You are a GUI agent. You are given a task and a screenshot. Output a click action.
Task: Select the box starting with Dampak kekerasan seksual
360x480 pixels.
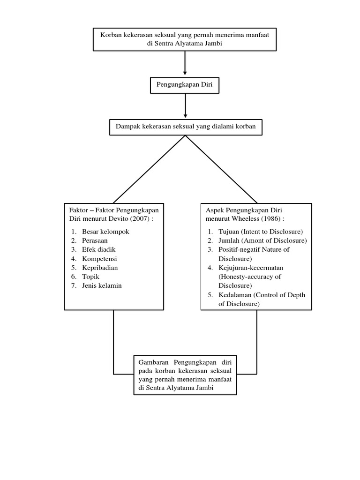[x=186, y=127]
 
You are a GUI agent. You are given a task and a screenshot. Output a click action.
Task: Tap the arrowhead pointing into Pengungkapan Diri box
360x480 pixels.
[x=185, y=73]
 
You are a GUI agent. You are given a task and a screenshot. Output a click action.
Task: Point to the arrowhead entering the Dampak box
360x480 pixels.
[x=185, y=115]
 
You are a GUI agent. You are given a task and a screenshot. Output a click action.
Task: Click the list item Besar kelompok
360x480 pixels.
[x=105, y=232]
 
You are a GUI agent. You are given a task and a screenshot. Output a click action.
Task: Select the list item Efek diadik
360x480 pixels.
[x=98, y=249]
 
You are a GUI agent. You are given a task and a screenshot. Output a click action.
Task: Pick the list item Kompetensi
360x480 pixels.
[x=99, y=258]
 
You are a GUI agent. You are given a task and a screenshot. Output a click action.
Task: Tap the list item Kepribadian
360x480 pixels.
[x=100, y=267]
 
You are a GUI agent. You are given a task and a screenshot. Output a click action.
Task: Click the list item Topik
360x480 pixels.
[x=90, y=277]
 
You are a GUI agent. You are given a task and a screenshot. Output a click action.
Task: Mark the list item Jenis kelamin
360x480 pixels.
[x=102, y=285]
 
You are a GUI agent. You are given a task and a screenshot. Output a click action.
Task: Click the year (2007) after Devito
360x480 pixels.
[x=143, y=219]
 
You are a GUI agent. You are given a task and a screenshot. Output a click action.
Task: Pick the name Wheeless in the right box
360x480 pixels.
[x=246, y=219]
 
